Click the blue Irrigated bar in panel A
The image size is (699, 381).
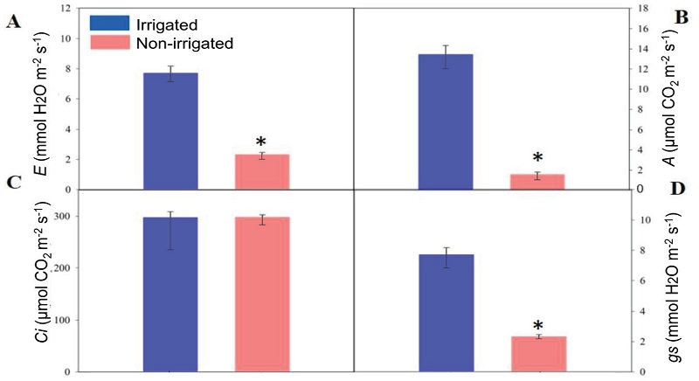click(x=171, y=131)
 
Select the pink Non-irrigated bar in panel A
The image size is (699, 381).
click(x=262, y=172)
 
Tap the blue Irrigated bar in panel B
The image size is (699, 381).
click(x=446, y=121)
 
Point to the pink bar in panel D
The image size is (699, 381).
click(x=539, y=354)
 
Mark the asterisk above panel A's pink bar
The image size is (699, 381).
click(x=260, y=142)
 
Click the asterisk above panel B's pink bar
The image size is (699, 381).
click(x=538, y=158)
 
